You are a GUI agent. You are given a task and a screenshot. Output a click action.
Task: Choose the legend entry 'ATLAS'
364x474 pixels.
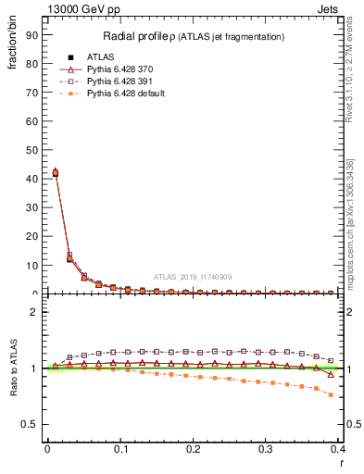100,57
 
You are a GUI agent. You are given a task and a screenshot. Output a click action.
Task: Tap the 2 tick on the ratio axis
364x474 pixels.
34,312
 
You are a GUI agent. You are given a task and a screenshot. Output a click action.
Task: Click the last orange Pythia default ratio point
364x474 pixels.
331,395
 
